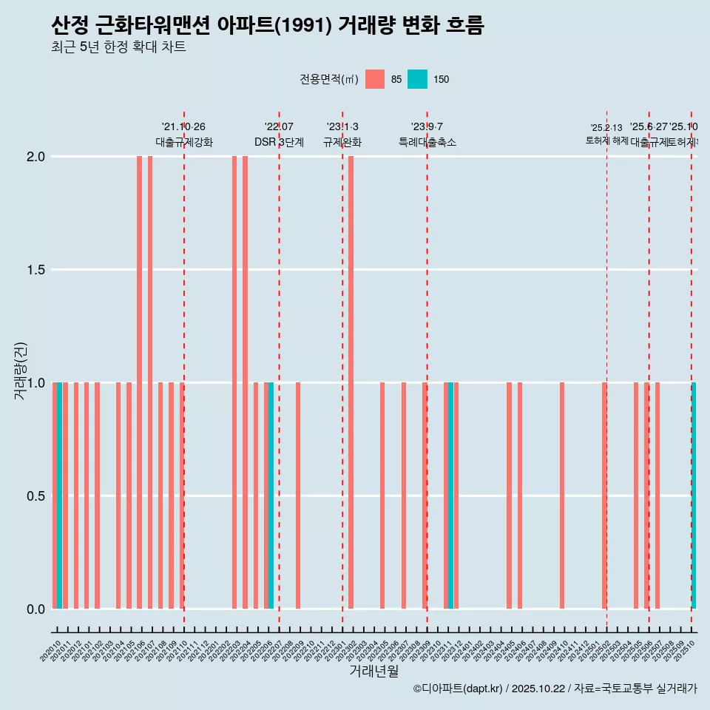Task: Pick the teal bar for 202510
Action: tap(694, 496)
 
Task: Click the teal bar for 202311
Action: tap(450, 496)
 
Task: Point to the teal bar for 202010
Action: tap(59, 496)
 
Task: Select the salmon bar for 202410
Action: tap(562, 496)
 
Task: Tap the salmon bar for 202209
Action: tap(298, 496)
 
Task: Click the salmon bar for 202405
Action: tap(509, 496)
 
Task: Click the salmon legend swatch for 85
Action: tap(375, 79)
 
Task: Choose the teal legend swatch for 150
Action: tap(418, 79)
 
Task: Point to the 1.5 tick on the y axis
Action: tap(35, 270)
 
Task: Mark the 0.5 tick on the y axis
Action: tap(35, 496)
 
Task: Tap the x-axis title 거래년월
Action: tap(373, 671)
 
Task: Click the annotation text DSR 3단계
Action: tap(279, 142)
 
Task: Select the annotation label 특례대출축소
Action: tap(427, 142)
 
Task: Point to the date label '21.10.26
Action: tap(183, 126)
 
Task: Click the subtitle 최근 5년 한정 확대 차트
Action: tap(118, 47)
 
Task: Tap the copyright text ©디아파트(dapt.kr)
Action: tap(459, 689)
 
